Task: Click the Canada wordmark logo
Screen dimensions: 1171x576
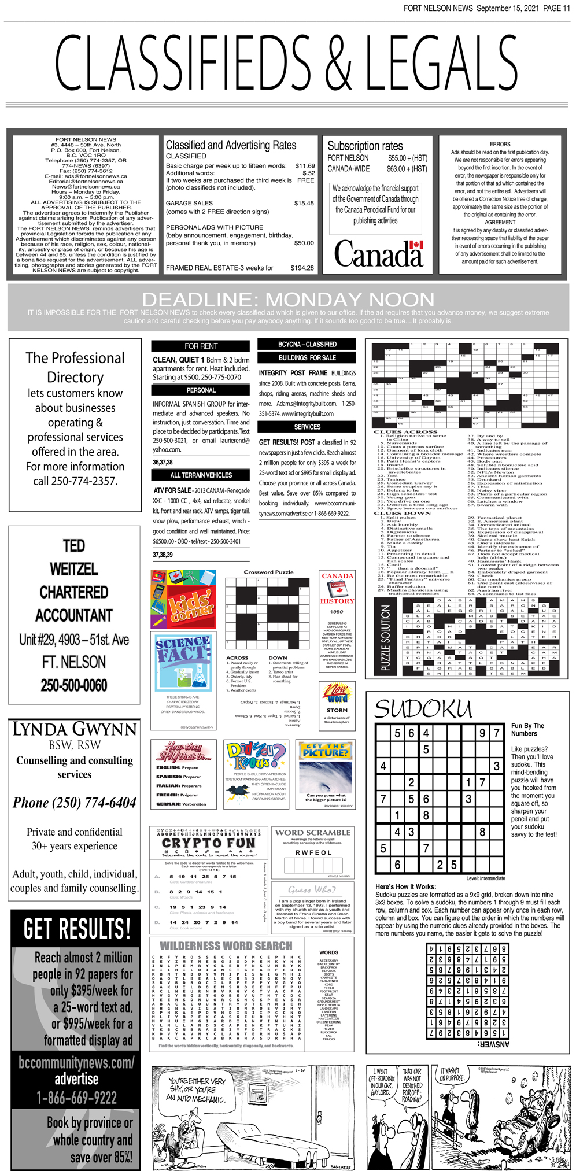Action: click(379, 254)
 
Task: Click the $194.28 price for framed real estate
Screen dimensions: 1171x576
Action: click(302, 268)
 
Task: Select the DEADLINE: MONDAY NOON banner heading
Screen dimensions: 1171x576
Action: click(288, 300)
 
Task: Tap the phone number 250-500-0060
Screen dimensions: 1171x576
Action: click(74, 686)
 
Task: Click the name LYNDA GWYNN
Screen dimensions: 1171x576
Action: click(75, 729)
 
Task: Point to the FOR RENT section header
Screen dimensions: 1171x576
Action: click(201, 346)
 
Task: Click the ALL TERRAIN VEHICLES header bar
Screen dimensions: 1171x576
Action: click(201, 475)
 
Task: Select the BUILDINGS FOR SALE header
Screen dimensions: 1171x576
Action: click(307, 357)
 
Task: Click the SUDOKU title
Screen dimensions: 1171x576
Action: click(423, 708)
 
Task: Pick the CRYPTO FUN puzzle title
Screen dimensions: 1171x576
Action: click(209, 843)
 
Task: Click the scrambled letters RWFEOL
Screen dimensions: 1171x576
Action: click(313, 852)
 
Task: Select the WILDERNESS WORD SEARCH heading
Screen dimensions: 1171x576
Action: click(226, 945)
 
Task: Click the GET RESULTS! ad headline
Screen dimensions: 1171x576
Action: click(76, 929)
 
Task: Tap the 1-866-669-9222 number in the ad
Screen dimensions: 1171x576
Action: click(76, 1097)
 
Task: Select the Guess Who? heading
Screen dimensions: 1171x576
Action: click(311, 889)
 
